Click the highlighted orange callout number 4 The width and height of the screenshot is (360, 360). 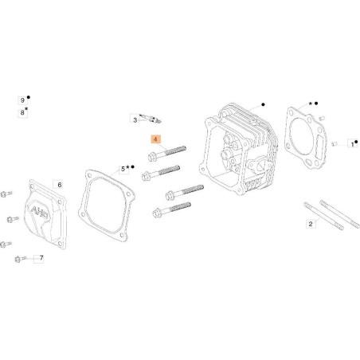tap(155, 139)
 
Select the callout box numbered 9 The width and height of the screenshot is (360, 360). tap(22, 100)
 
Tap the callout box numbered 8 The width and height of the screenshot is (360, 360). tap(22, 113)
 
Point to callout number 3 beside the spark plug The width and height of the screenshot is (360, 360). tap(135, 120)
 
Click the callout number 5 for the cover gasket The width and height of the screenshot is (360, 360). tap(123, 169)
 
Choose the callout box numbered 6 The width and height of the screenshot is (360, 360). tap(59, 185)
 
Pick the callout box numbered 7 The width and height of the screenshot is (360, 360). tap(41, 258)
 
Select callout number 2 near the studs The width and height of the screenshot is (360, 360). tap(311, 224)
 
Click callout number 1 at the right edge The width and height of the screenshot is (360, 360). tap(353, 144)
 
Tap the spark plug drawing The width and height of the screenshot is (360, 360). tap(151, 119)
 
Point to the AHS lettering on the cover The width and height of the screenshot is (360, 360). tap(40, 213)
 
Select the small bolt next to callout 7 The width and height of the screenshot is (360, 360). tap(21, 258)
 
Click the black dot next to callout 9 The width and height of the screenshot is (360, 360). tap(29, 97)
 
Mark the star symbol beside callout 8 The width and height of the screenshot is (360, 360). tap(26, 109)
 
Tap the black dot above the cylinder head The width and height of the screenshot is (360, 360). tap(263, 104)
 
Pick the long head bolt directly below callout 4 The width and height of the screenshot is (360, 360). tap(166, 153)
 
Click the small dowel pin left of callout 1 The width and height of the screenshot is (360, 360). tap(334, 144)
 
